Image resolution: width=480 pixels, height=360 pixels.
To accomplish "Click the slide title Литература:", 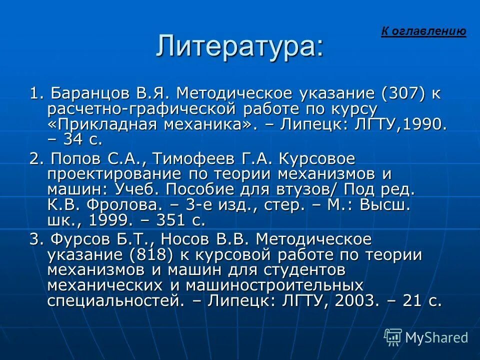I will (240, 46).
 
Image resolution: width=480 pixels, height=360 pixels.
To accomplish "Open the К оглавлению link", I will (423, 31).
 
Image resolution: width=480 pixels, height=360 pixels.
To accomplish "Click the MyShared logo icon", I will (393, 337).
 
